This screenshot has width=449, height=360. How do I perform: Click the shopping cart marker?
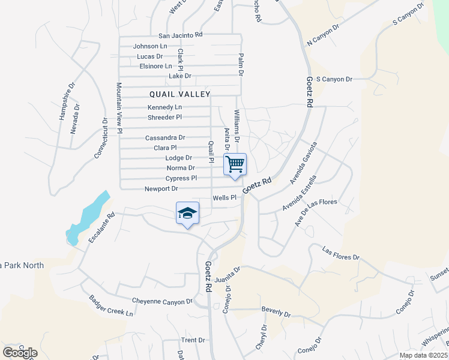pos(235,164)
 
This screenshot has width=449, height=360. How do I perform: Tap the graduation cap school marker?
pos(187,213)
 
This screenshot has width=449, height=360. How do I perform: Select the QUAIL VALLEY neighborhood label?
pos(180,94)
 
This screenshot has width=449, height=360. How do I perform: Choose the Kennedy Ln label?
pos(164,107)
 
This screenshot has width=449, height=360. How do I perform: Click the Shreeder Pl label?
pos(164,117)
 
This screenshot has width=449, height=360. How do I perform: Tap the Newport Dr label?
pos(161,189)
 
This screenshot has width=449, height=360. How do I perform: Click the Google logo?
pos(20,353)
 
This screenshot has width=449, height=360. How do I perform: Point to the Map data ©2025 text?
pos(423,355)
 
